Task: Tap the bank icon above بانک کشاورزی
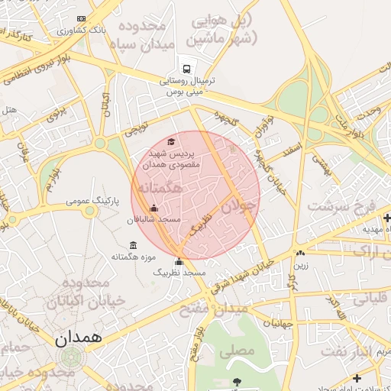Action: click(x=82, y=19)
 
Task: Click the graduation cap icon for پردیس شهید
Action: click(x=172, y=141)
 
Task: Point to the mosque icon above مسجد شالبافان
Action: click(x=154, y=208)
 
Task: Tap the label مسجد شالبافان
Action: click(x=153, y=219)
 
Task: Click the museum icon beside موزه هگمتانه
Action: click(x=134, y=245)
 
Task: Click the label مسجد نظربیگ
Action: click(x=180, y=273)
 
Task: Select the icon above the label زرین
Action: click(x=301, y=254)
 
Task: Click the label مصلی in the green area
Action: click(x=237, y=352)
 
